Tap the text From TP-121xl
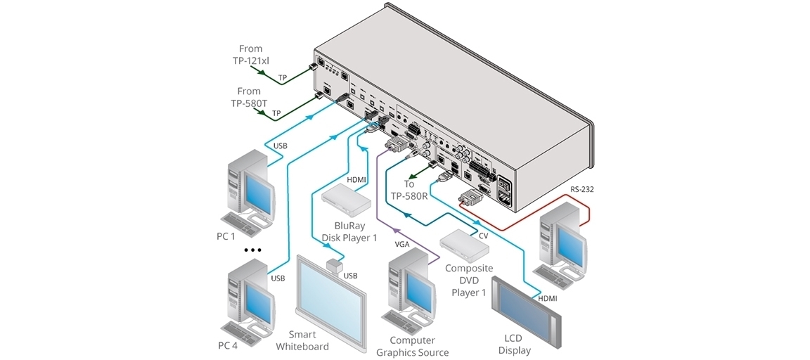pyautogui.click(x=250, y=55)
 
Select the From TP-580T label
pyautogui.click(x=249, y=96)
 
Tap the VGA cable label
pyautogui.click(x=401, y=244)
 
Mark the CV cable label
pyautogui.click(x=483, y=236)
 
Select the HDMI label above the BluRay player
pyautogui.click(x=357, y=181)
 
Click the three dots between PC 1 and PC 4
pyautogui.click(x=251, y=250)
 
